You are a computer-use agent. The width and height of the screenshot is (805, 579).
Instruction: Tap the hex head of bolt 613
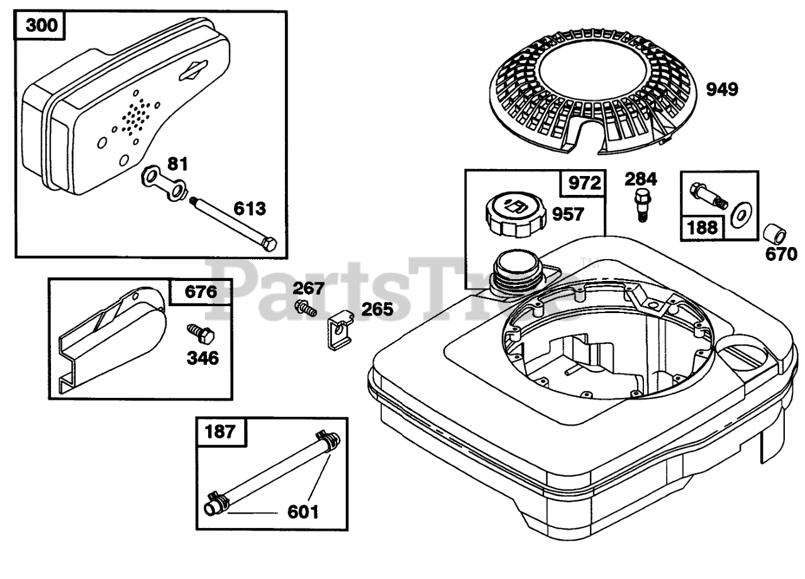point(269,243)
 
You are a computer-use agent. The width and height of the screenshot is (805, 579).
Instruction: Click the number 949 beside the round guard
point(721,90)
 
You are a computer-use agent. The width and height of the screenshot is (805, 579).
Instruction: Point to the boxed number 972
point(582,183)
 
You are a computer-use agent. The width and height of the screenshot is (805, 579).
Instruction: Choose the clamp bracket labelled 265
point(337,330)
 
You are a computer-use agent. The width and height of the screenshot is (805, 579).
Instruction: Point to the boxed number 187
point(219,431)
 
